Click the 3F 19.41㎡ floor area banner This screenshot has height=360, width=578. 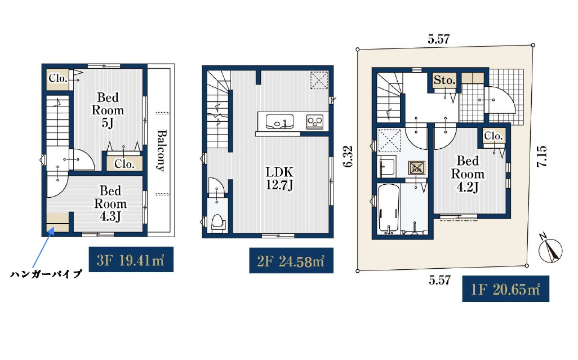coord(131,259)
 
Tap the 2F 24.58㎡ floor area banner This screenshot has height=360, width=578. coord(291,260)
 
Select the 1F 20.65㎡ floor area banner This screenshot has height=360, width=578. coord(505,289)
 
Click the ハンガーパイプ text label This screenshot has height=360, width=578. coord(46,274)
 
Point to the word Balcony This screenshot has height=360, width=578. coord(161,150)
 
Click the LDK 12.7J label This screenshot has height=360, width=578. coord(279,178)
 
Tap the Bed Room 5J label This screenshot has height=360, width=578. coord(108,110)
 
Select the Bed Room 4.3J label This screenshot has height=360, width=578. coord(110,203)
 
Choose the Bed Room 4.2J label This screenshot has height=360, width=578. coord(468,174)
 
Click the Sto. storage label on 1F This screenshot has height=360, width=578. coord(444,80)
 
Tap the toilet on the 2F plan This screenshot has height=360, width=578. coord(219,223)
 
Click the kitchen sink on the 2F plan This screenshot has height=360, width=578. coord(280,122)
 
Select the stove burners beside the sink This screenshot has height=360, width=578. coord(315,121)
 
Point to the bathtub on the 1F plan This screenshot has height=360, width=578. coord(389,208)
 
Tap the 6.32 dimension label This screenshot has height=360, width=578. coord(348,157)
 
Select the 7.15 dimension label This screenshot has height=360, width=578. coord(541,157)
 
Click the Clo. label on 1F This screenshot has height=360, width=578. coord(493,136)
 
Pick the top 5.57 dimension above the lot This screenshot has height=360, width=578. coord(439,39)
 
